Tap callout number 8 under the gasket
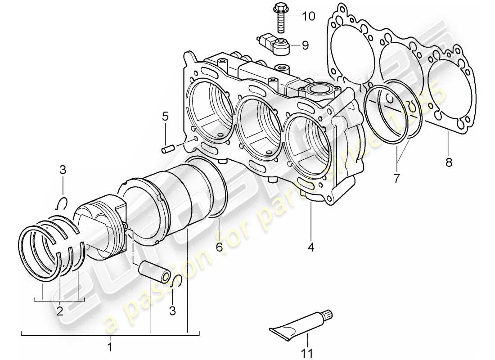(x=448, y=162)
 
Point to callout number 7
(x=396, y=178)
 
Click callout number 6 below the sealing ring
(x=219, y=247)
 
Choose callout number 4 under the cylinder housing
(x=311, y=247)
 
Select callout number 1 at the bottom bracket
(x=110, y=347)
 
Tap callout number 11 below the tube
(x=307, y=354)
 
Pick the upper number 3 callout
(x=63, y=170)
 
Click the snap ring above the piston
(x=63, y=203)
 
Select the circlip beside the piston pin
(x=177, y=279)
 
